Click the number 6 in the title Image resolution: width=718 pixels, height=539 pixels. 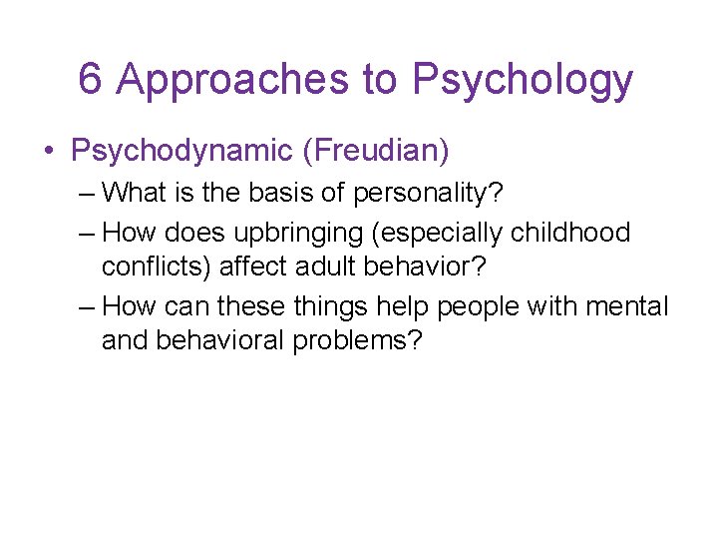tap(90, 80)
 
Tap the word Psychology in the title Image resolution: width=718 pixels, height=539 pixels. tap(523, 80)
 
